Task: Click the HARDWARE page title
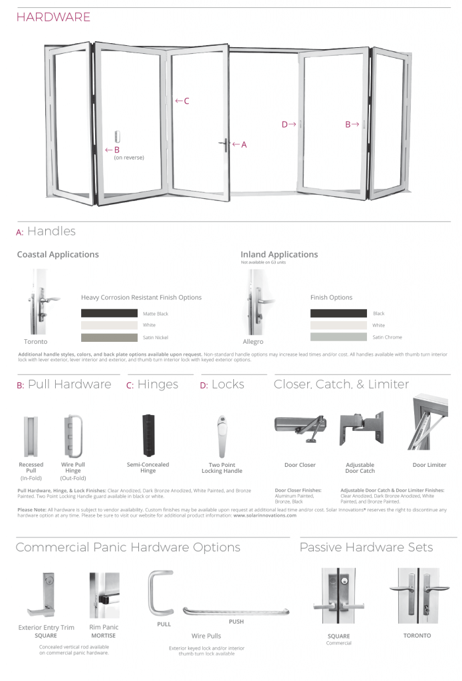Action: pos(53,17)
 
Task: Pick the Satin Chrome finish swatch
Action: pos(338,337)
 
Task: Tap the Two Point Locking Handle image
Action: pos(221,436)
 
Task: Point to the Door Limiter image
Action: pos(429,423)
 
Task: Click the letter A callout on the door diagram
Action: pos(243,144)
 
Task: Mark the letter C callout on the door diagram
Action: pos(186,101)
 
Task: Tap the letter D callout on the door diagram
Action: pos(285,124)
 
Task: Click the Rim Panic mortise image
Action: pos(104,595)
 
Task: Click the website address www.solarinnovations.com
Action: pos(265,515)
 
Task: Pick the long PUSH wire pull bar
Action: pos(236,611)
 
